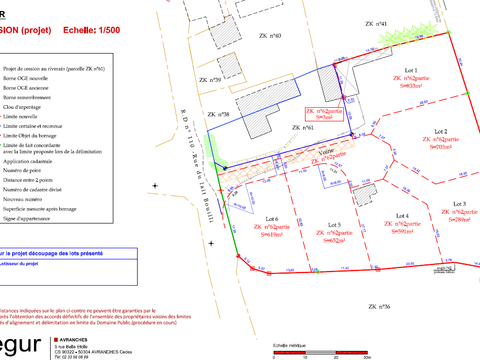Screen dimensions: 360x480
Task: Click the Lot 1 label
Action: (410, 70)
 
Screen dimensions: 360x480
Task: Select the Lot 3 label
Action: (459, 203)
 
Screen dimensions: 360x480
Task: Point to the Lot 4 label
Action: (403, 216)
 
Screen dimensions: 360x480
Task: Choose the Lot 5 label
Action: (334, 225)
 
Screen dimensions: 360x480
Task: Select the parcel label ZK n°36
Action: (378, 306)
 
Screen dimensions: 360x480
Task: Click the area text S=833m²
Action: (410, 88)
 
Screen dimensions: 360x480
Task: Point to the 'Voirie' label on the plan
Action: (325, 150)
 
